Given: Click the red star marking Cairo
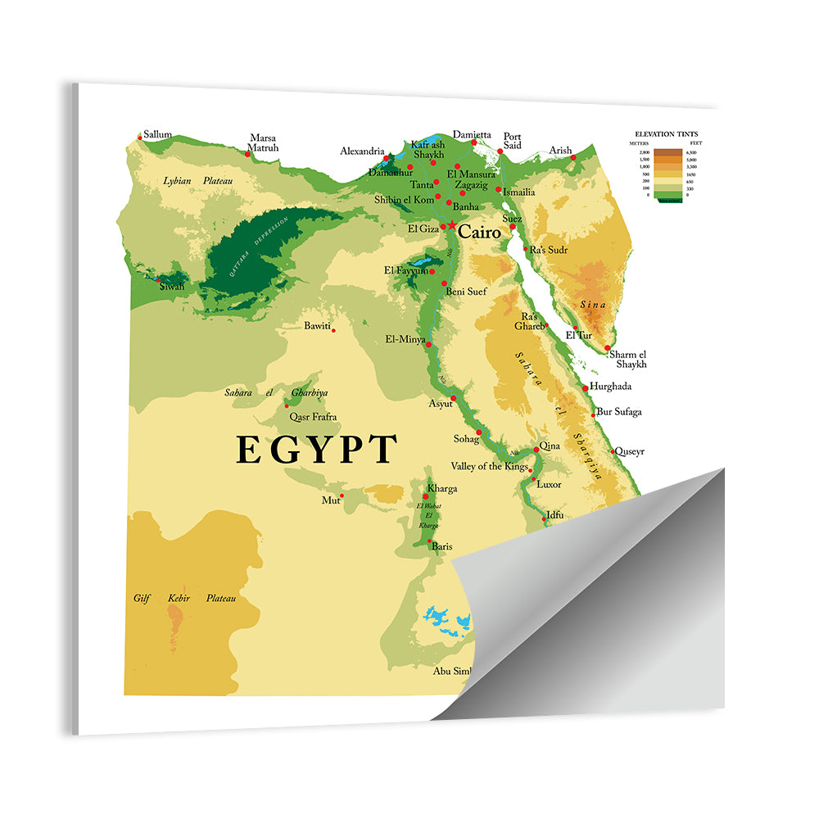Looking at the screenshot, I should coord(450,225).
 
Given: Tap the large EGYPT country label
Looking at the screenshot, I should coord(317,450).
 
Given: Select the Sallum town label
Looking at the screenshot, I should coord(157,134).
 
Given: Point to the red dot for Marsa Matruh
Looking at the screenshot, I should coord(247,153).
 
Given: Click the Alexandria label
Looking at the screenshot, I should coord(362,152).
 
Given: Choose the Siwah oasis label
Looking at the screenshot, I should coord(172,286).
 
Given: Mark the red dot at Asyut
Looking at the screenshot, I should coord(453,398).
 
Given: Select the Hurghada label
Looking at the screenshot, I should coord(611,387).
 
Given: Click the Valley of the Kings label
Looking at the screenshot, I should coord(491,467).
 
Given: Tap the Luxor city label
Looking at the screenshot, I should coord(549,484).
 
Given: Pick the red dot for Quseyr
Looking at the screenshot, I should coord(612,451).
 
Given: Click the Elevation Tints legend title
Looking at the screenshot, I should coord(667,133).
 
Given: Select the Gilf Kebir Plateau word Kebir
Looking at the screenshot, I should coord(179,599).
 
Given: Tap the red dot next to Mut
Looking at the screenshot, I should coord(342,495).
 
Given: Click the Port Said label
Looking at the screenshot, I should coord(512,141).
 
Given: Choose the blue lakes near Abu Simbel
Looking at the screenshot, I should coord(446,620).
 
